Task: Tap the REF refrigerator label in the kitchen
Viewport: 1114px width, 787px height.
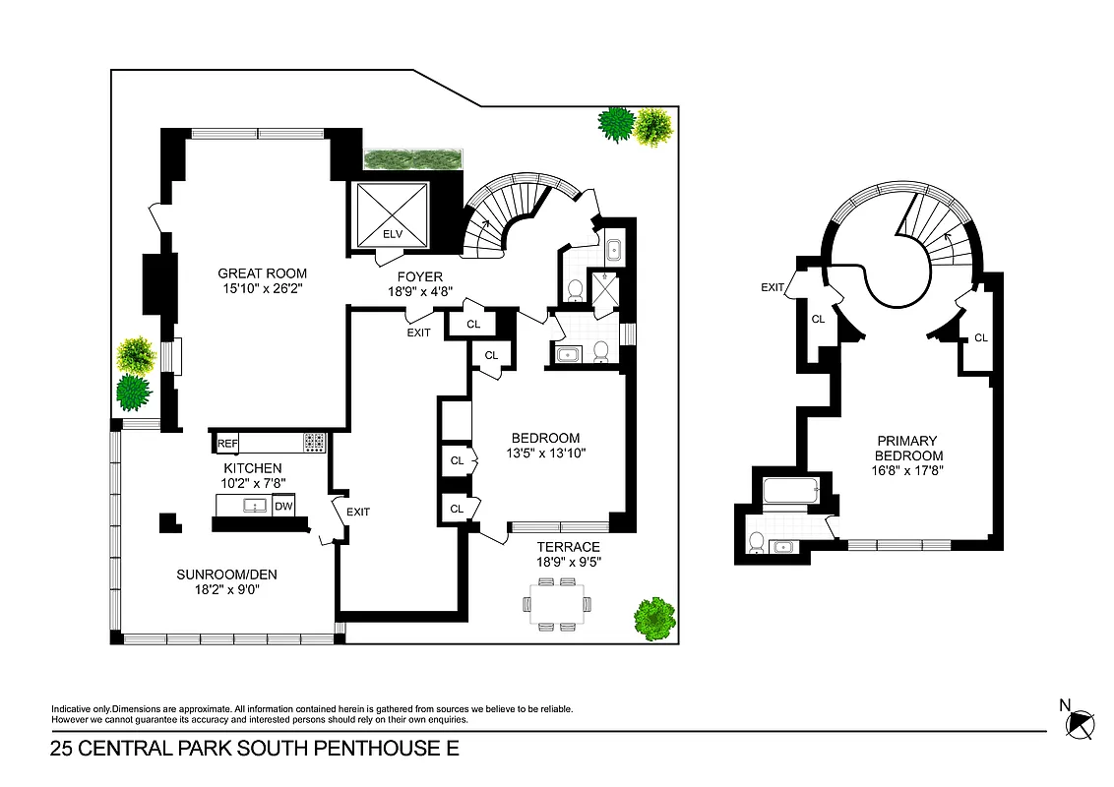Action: tap(227, 444)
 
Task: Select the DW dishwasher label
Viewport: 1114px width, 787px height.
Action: tap(282, 507)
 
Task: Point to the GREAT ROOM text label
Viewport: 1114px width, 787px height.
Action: tap(262, 273)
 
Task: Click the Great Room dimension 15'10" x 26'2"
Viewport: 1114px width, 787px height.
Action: tap(262, 289)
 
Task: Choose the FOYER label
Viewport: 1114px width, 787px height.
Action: tap(420, 276)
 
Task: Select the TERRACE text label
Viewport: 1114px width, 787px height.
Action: tap(568, 547)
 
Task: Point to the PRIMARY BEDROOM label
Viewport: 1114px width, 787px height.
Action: tap(908, 449)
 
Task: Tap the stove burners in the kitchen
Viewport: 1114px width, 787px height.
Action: tap(314, 443)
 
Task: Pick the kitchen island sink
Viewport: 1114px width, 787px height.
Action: tap(256, 506)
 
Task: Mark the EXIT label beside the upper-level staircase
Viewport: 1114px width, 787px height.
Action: tap(774, 287)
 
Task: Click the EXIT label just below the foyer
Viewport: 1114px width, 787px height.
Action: tap(419, 333)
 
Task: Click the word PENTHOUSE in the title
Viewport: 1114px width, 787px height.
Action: tap(377, 750)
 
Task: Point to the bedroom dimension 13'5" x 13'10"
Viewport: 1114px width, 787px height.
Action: tap(544, 454)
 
